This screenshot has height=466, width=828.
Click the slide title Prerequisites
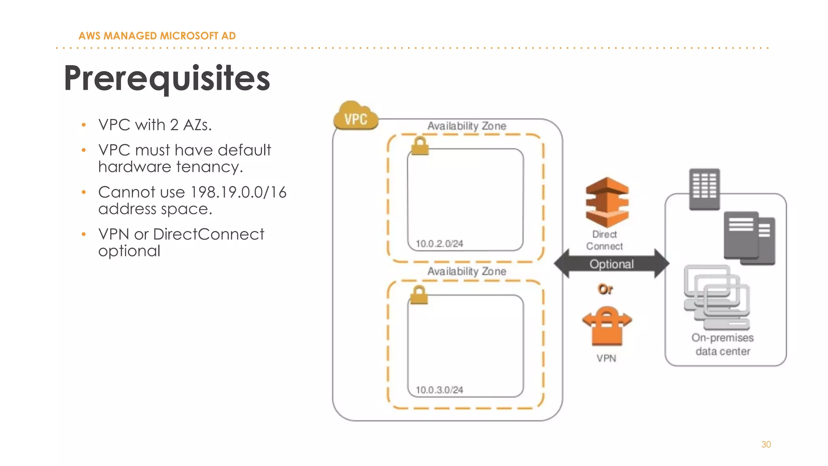tap(167, 78)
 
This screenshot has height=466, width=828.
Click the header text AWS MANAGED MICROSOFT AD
tap(157, 36)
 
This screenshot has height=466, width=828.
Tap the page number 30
tap(766, 444)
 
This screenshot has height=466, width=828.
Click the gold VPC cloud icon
tap(355, 116)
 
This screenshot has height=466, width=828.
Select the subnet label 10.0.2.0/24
tap(439, 244)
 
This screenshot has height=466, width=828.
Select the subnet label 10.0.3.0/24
tap(439, 390)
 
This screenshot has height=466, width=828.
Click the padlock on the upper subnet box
tap(420, 146)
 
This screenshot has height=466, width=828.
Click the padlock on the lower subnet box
tap(419, 295)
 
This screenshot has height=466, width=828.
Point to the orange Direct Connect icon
tap(607, 202)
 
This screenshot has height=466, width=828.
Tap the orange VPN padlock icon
tap(607, 326)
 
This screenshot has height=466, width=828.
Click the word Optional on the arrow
tap(611, 264)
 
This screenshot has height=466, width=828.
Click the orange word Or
tap(605, 289)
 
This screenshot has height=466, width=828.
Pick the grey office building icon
tap(704, 189)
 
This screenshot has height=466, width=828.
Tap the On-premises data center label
tap(722, 344)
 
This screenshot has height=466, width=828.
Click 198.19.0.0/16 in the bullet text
tap(238, 192)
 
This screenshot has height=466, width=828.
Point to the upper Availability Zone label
tap(467, 126)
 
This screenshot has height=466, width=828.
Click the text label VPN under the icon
tap(606, 358)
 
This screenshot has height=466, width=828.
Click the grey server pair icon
tap(749, 238)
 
